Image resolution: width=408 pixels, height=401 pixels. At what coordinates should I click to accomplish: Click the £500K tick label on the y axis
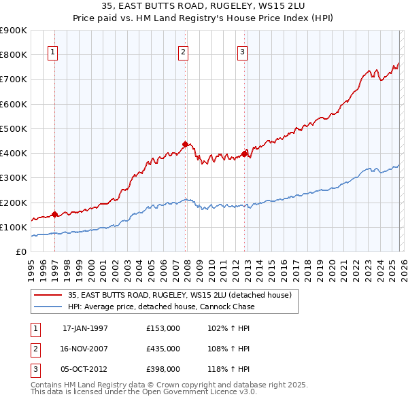pyautogui.click(x=14, y=128)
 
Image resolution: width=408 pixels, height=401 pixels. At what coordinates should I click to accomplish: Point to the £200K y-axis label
pyautogui.click(x=14, y=203)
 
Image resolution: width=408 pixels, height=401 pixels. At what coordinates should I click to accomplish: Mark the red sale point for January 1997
pyautogui.click(x=54, y=214)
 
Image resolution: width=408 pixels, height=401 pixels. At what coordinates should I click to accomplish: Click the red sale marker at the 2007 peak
pyautogui.click(x=184, y=144)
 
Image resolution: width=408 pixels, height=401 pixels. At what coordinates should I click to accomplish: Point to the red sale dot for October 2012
pyautogui.click(x=243, y=154)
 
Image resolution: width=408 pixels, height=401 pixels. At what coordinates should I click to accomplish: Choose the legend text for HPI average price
pyautogui.click(x=160, y=307)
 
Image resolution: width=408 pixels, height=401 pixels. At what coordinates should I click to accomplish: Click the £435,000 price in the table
pyautogui.click(x=163, y=348)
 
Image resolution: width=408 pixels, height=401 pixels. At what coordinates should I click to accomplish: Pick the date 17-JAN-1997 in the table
pyautogui.click(x=85, y=328)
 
